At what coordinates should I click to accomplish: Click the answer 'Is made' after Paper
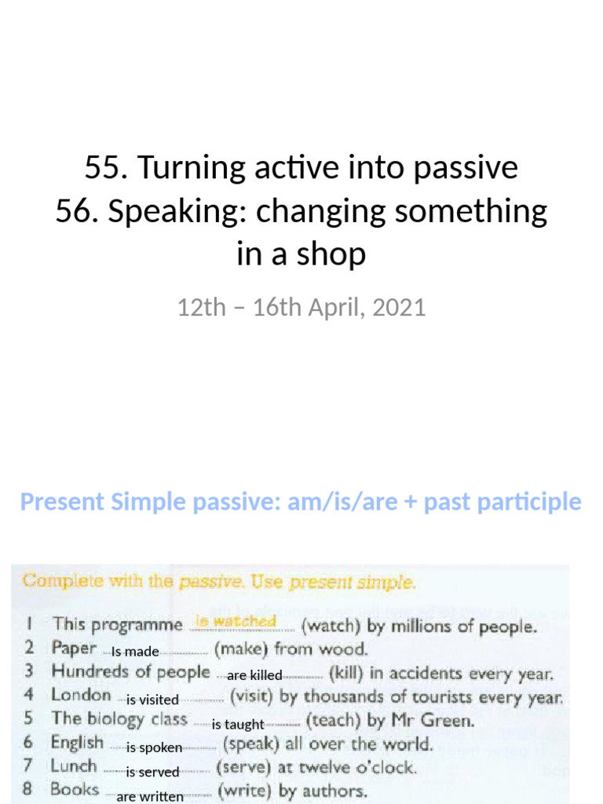click(x=135, y=652)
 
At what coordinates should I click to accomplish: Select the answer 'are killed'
click(x=254, y=675)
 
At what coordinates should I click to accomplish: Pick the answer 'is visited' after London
click(x=153, y=700)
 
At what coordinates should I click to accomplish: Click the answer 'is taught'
click(x=238, y=725)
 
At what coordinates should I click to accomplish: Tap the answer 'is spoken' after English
click(x=155, y=748)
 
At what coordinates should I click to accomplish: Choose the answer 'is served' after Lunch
click(x=152, y=773)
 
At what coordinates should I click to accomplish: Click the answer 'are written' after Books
click(x=150, y=797)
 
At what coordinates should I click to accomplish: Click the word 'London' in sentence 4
click(x=81, y=695)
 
